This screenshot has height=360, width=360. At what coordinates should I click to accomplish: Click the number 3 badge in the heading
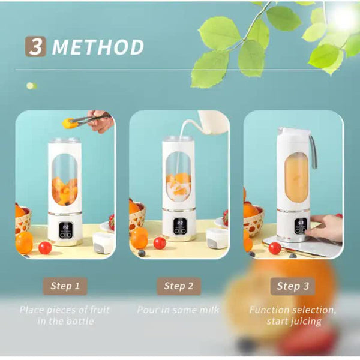[35, 46]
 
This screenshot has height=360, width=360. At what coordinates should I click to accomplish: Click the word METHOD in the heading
[98, 47]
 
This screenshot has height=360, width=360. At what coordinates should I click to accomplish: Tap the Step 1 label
[64, 286]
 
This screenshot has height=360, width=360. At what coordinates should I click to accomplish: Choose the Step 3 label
[292, 286]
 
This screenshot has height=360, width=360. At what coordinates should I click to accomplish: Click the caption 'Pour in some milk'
[178, 310]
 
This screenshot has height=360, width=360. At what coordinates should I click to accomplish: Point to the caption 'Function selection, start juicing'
[293, 316]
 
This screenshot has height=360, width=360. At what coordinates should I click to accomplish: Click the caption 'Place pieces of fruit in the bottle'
[65, 316]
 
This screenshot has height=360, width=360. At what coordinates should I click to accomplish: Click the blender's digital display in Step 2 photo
[179, 226]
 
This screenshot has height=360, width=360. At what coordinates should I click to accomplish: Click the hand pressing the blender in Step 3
[326, 228]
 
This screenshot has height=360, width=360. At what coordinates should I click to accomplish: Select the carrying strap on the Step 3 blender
[313, 151]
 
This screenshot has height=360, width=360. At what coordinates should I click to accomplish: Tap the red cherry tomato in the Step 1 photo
[45, 247]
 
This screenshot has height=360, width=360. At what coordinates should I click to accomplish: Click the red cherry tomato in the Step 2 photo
[160, 242]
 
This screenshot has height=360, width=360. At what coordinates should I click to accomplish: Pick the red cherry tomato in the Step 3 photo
[275, 248]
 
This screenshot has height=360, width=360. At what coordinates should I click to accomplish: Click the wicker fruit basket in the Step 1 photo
[22, 221]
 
